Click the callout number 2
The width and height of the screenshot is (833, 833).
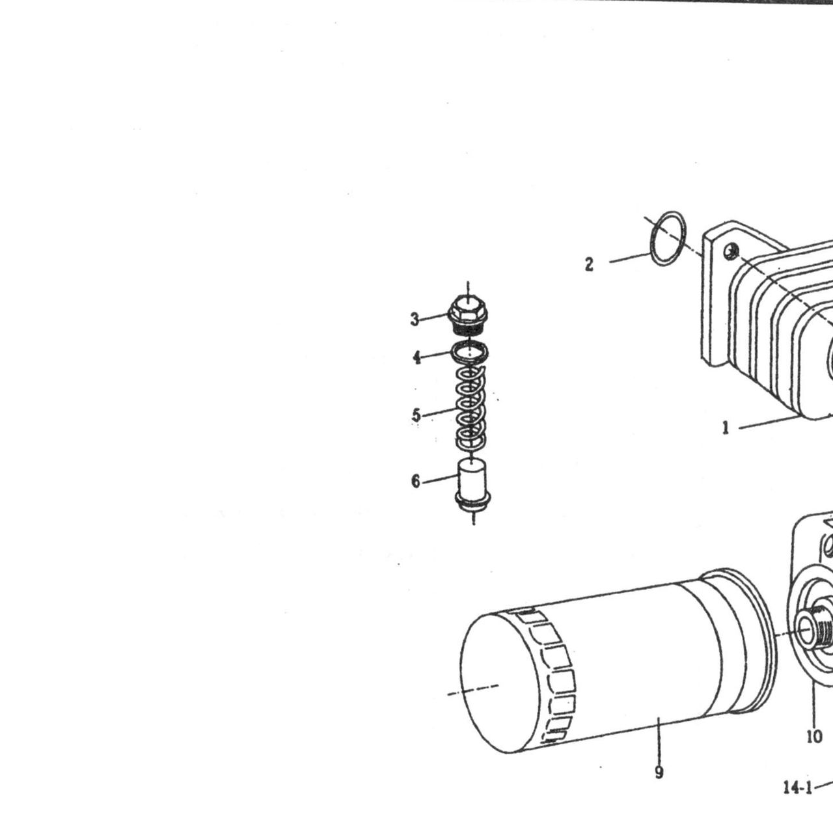point(589,264)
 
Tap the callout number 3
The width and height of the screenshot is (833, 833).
point(415,320)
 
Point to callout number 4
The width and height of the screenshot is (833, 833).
point(416,357)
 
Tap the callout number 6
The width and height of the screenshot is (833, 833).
point(416,481)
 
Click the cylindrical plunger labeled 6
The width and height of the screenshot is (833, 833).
point(472,485)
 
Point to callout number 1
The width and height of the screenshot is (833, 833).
point(726,428)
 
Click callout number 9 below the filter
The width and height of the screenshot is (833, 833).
point(659,772)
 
